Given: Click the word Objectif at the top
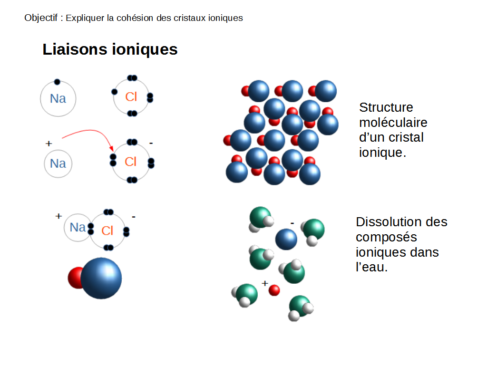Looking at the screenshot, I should point(40,18).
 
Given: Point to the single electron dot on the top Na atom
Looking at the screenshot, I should point(57,82).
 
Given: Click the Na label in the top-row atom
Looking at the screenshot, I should point(58,99).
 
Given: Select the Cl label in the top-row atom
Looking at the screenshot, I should point(131,97).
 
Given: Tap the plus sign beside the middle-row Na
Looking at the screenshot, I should point(48,143).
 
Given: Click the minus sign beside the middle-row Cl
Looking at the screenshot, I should point(151,143).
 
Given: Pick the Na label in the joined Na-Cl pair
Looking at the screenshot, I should point(78,228).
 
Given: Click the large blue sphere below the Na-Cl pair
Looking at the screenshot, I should point(101,278).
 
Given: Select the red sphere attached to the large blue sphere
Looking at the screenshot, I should point(76,278).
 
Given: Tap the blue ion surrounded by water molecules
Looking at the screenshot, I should point(286,239).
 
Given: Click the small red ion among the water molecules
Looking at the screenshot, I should point(274,290).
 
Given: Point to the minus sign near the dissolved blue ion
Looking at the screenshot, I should point(292,222).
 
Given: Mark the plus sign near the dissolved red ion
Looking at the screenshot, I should point(265,283).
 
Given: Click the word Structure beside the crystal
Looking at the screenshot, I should point(386,107).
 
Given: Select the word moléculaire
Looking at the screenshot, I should point(393,123).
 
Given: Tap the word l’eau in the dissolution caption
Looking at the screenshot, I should point(372,267).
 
